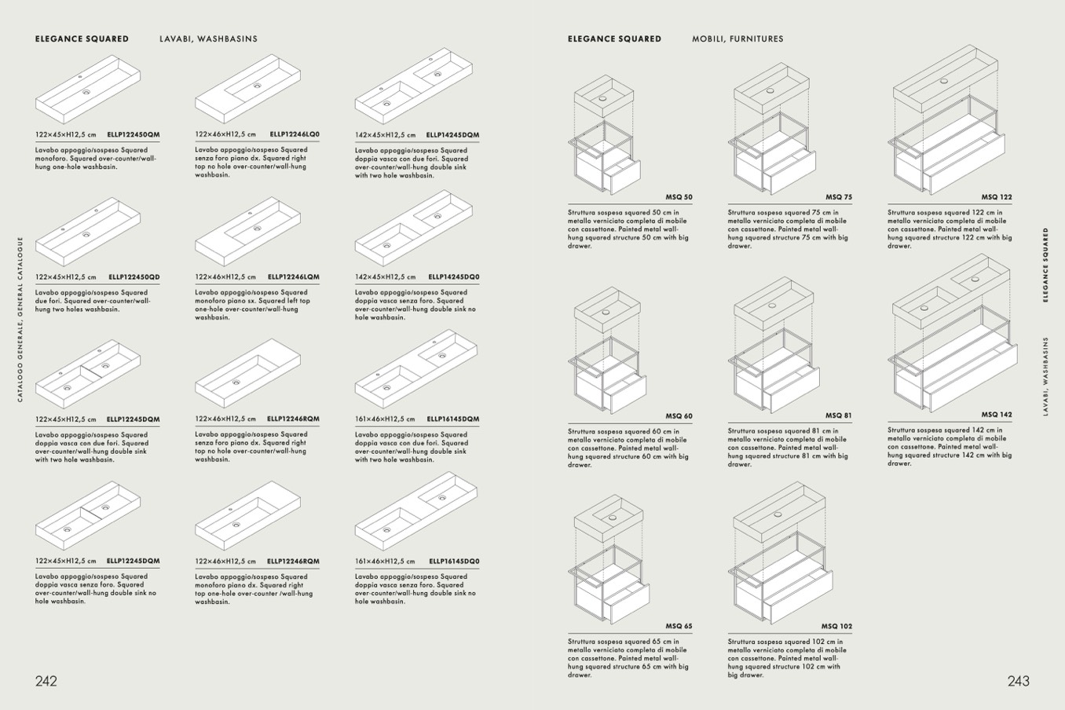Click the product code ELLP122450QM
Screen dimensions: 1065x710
(134, 134)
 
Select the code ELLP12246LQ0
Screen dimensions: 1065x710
(295, 134)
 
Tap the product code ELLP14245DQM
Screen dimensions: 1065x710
(452, 134)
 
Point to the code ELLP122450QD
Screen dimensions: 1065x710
(134, 276)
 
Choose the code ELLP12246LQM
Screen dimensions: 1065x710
(294, 276)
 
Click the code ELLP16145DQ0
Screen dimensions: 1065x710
(454, 561)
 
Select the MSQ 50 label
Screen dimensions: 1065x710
(679, 197)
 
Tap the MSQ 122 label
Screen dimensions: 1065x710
(997, 197)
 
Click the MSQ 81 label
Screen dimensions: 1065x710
(839, 415)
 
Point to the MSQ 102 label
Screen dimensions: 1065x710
(836, 626)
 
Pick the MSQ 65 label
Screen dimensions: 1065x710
(679, 626)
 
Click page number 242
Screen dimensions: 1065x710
(46, 681)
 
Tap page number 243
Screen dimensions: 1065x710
(1019, 681)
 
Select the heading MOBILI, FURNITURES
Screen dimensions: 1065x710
(737, 38)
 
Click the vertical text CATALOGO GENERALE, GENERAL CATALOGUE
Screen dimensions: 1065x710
(20, 320)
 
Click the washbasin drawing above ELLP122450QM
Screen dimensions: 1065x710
(88, 90)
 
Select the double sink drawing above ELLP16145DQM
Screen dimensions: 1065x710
(416, 368)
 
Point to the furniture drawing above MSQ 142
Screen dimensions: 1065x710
(953, 333)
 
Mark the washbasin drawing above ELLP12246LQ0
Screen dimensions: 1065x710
(247, 89)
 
